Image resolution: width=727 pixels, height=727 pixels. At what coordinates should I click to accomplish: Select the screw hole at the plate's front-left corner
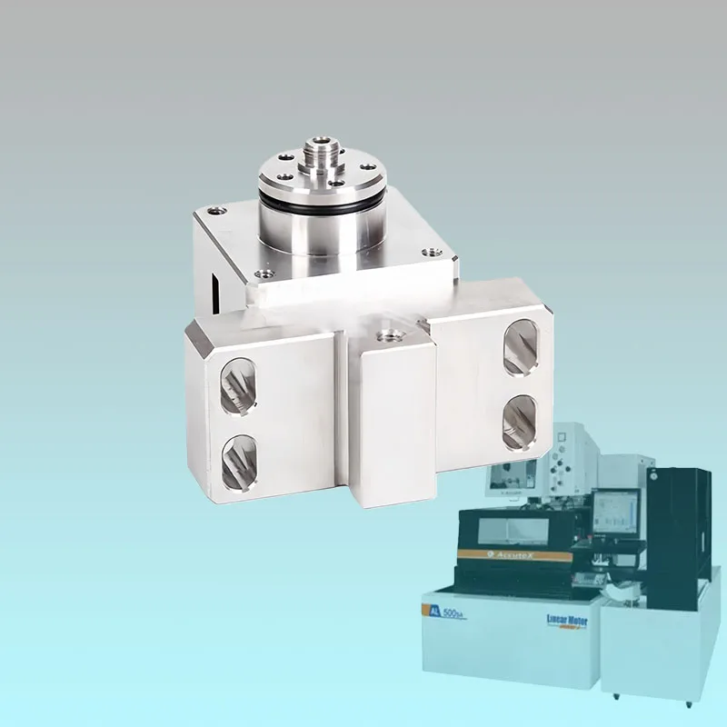(264, 272)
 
